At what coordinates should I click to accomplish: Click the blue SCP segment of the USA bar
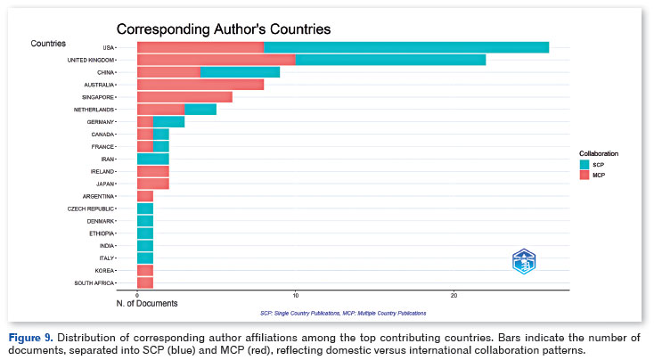[x=405, y=47]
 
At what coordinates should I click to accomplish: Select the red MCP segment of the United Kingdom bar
[x=216, y=60]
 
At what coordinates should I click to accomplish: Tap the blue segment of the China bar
[x=239, y=72]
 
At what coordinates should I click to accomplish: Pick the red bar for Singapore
[x=184, y=96]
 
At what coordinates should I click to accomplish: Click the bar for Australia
[x=200, y=85]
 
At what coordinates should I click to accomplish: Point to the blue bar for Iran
[x=152, y=159]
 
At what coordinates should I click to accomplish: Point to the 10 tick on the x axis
[x=295, y=295]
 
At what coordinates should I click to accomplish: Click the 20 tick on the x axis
[x=454, y=295]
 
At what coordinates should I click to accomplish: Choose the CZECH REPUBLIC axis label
[x=90, y=209]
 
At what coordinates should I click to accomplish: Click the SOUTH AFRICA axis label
[x=93, y=282]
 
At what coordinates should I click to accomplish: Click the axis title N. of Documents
[x=147, y=304]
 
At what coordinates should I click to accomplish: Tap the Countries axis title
[x=47, y=43]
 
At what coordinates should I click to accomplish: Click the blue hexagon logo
[x=524, y=261]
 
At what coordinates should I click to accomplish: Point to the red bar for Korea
[x=144, y=270]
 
